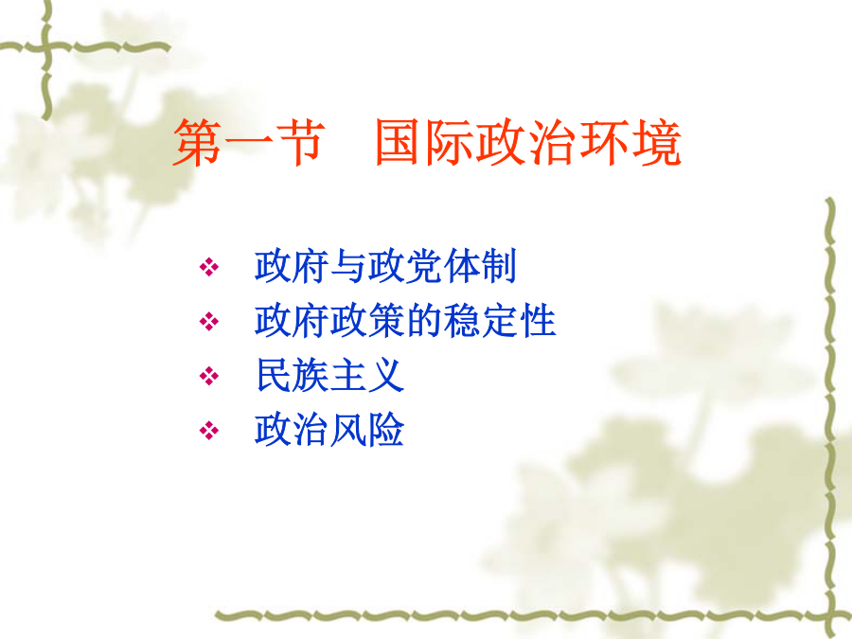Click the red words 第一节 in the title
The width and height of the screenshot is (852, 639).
pos(249,142)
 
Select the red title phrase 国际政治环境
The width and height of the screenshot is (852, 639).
pos(527,142)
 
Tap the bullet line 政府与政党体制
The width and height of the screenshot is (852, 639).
pos(385,266)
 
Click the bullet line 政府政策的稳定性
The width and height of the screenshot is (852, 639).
pos(405,321)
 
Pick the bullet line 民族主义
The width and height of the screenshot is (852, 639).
pos(329,375)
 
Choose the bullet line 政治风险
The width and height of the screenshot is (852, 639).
pos(329,430)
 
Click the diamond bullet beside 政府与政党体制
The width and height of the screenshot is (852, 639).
pos(209,267)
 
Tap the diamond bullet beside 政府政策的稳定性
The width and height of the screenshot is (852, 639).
pos(209,321)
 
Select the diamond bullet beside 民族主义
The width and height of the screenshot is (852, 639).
pos(209,376)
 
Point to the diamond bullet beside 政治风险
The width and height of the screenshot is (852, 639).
pos(209,431)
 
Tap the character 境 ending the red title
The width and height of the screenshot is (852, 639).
pos(657,142)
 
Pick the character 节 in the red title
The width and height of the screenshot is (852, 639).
pos(300,142)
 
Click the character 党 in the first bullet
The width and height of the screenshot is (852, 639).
pos(424,266)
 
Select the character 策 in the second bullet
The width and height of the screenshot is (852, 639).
pos(386,321)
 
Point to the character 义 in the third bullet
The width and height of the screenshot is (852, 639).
pos(386,375)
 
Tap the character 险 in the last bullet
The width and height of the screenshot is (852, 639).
pos(386,430)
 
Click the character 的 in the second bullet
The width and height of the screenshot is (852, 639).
pos(424,321)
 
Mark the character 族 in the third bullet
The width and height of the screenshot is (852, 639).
pos(311,375)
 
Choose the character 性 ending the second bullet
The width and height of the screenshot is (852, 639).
pos(538,321)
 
